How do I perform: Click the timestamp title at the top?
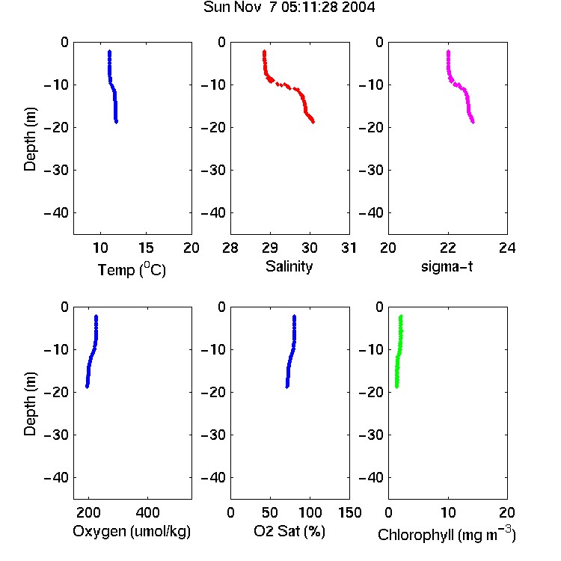coord(289,7)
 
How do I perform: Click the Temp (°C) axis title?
coord(132,269)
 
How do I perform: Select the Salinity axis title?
coord(289,266)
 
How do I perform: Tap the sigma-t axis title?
coord(447,266)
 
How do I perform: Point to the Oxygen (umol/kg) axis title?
coord(132,531)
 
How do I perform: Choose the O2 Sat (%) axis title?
coord(289,531)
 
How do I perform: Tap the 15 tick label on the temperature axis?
coord(146,248)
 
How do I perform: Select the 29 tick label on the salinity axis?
coord(270,248)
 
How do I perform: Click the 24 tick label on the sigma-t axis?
coord(507,248)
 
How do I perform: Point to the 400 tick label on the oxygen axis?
coord(148,512)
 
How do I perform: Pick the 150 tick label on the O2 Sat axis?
coord(349,512)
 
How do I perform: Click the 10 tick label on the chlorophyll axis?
coord(448,512)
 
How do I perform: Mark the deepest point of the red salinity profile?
coord(313,122)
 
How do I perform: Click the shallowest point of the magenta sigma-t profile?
coord(448,52)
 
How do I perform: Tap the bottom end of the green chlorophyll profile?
coord(396,387)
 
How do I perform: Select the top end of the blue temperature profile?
coord(109,52)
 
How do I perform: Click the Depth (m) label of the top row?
coord(30,139)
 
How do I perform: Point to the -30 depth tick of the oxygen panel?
coord(56,435)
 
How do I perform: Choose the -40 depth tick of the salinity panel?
coord(214,213)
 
